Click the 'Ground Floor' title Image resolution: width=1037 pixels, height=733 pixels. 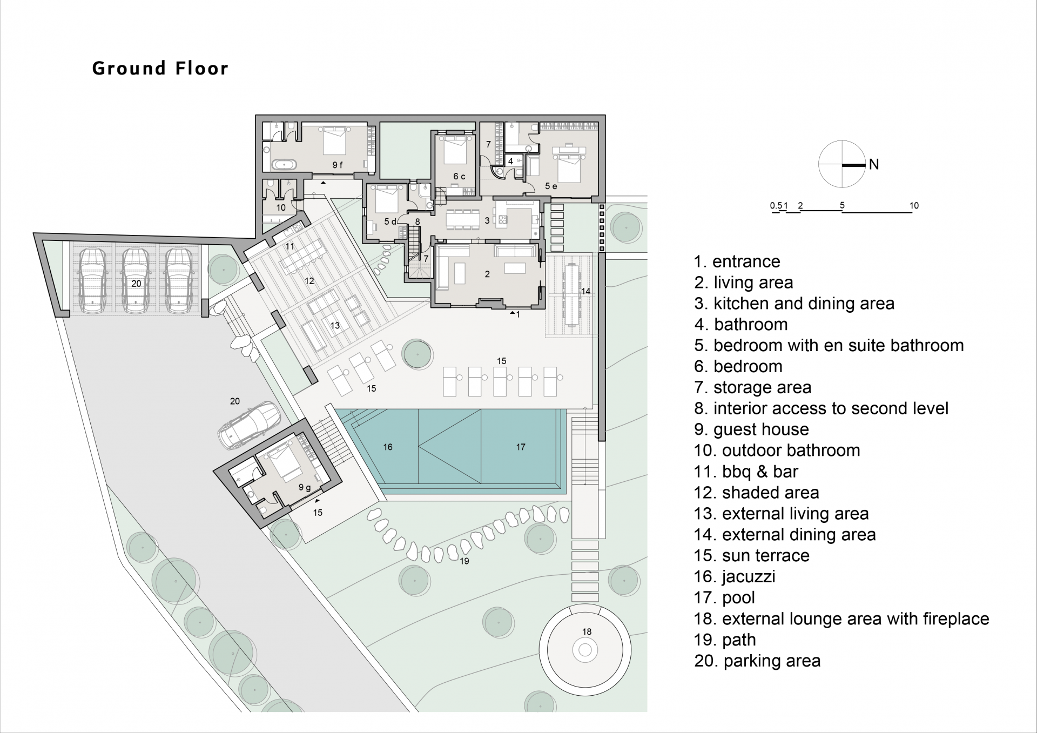click(x=160, y=69)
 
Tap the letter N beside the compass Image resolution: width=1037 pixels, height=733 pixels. click(x=874, y=164)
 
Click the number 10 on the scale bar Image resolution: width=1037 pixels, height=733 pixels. click(x=913, y=205)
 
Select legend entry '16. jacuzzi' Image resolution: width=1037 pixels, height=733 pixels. click(x=735, y=576)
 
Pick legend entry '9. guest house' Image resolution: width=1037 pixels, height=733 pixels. click(x=751, y=429)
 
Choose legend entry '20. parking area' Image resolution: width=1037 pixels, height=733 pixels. click(x=757, y=661)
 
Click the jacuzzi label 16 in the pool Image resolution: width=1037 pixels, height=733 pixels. click(x=388, y=447)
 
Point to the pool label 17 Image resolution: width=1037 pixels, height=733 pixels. click(x=520, y=447)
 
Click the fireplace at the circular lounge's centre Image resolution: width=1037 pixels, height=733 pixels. click(x=585, y=650)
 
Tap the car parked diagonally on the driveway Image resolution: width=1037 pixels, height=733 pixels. click(x=250, y=425)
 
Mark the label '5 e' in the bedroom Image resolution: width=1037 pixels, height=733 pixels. click(x=550, y=186)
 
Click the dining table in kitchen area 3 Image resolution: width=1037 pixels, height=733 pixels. click(x=463, y=219)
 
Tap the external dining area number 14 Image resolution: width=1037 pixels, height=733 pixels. click(x=585, y=291)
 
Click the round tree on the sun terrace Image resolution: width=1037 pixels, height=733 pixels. click(x=417, y=354)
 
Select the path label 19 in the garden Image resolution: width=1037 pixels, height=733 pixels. click(x=464, y=561)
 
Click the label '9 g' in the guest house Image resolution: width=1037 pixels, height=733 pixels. click(x=305, y=487)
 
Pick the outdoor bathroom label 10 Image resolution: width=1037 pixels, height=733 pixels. click(x=281, y=207)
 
